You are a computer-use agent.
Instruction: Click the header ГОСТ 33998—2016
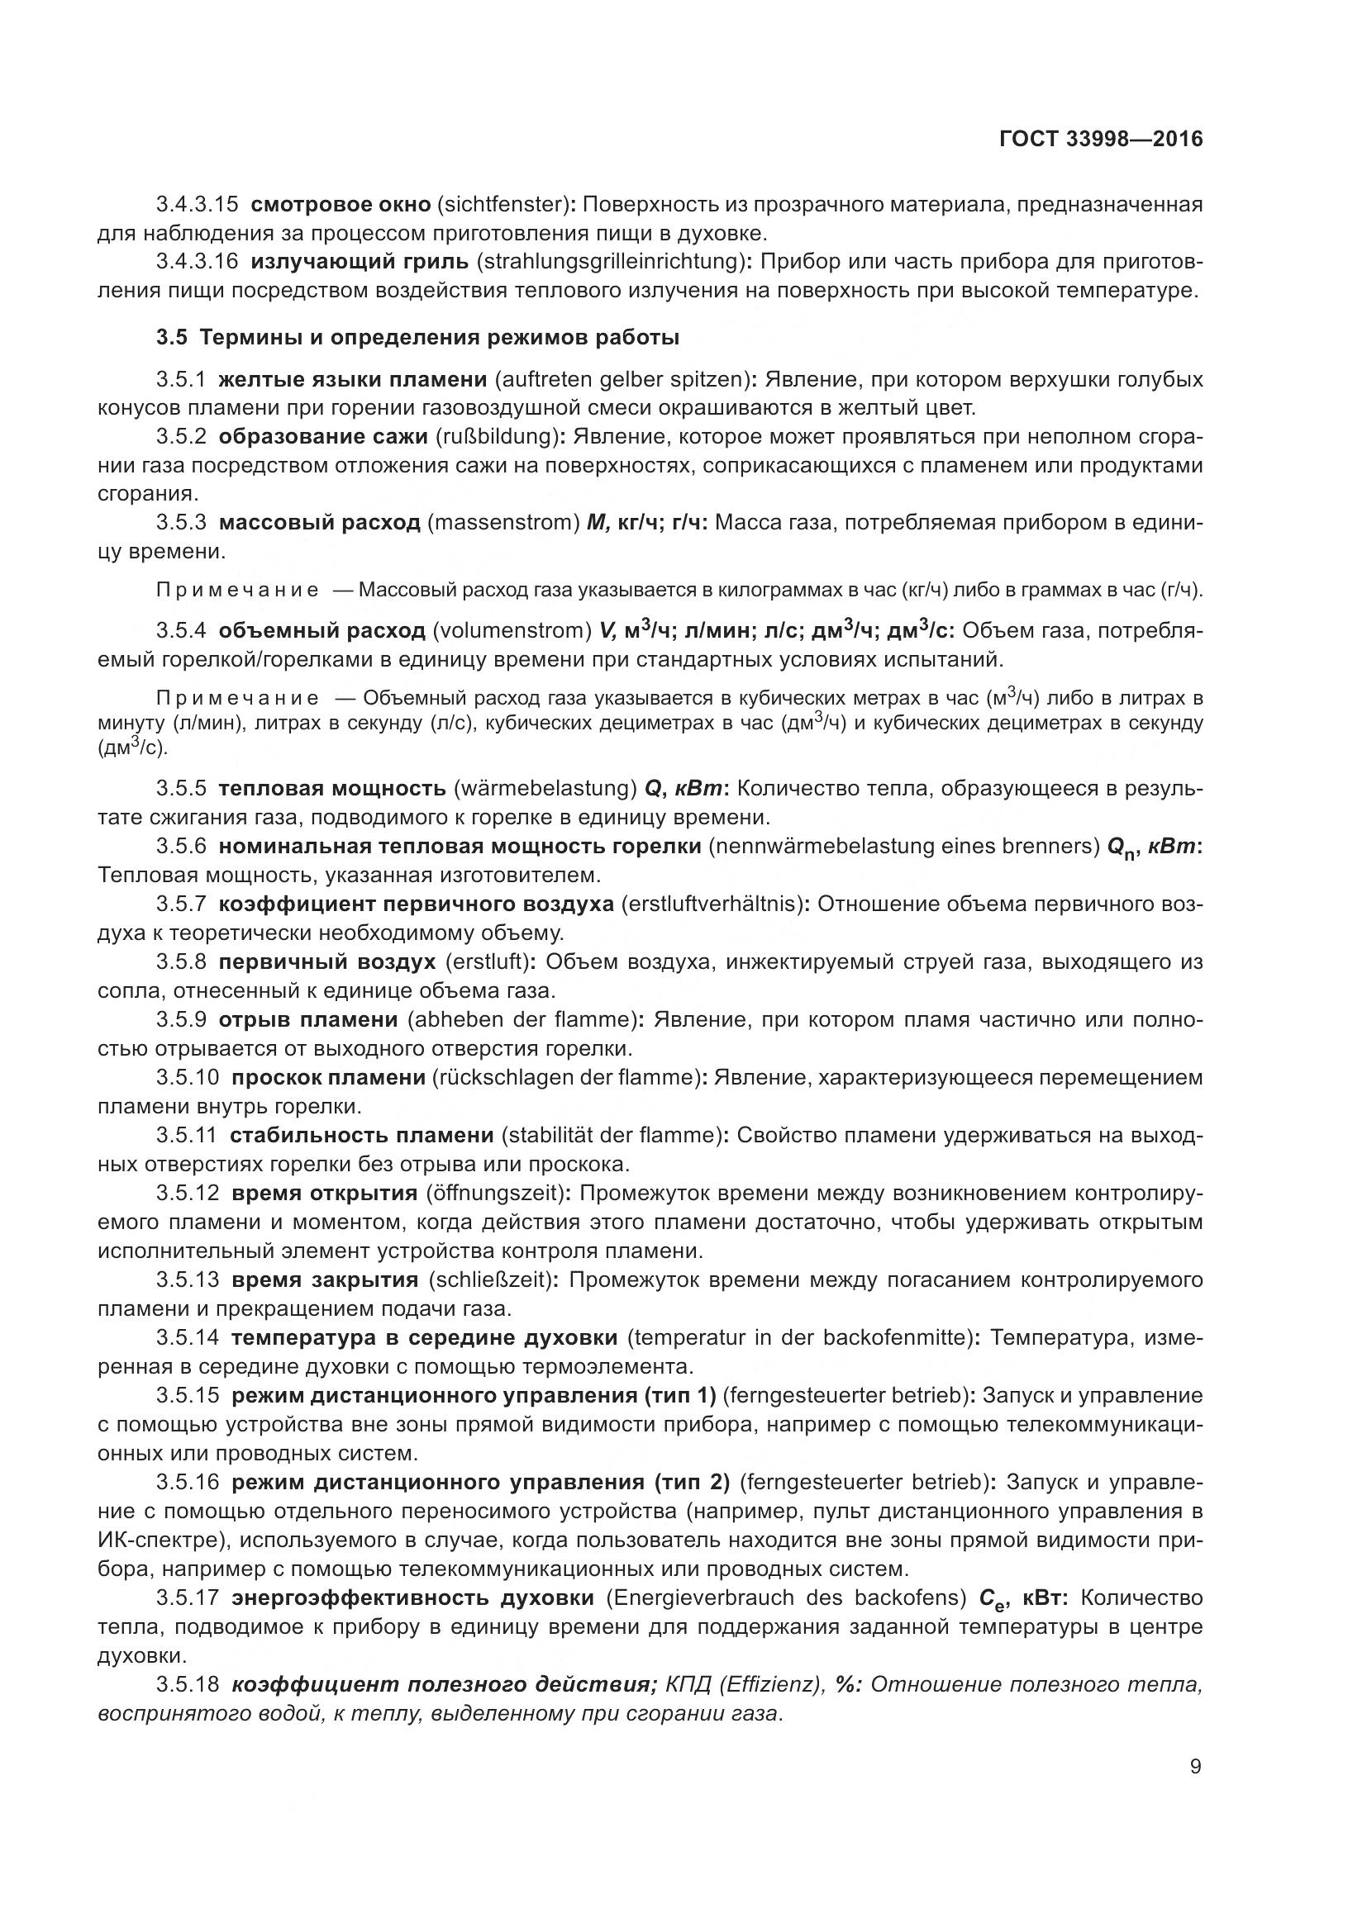tap(1100, 140)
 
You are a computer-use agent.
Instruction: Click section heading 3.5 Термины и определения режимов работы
tap(417, 338)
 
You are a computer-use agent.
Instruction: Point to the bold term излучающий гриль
tap(360, 262)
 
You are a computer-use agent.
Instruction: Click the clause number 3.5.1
tap(180, 379)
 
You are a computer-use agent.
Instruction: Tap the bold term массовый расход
tap(319, 523)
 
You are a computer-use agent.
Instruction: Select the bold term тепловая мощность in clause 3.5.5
tap(331, 789)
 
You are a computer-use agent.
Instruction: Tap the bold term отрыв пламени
tap(308, 1020)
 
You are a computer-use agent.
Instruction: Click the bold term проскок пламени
tap(328, 1077)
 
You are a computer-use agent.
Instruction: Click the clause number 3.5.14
tap(187, 1337)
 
